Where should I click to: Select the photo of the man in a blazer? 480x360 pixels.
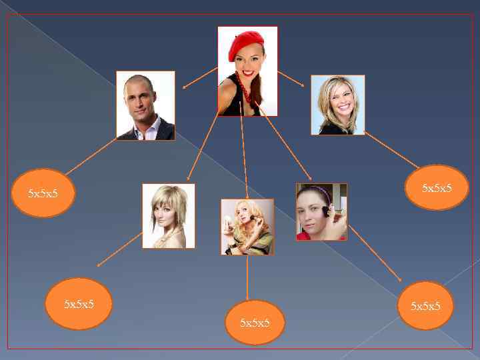(x=145, y=105)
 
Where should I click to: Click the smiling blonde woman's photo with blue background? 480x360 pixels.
(x=338, y=105)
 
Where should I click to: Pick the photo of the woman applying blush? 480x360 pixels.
(x=321, y=211)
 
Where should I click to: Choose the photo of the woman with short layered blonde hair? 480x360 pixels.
(x=169, y=215)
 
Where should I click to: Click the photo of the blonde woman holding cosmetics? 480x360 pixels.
(x=247, y=227)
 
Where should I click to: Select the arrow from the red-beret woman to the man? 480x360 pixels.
(x=200, y=77)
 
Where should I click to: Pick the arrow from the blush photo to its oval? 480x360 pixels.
(x=375, y=253)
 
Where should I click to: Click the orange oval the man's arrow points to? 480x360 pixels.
(x=44, y=193)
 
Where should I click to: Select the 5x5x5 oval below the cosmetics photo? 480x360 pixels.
(x=255, y=323)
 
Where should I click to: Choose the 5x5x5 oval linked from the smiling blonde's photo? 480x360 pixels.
(x=437, y=188)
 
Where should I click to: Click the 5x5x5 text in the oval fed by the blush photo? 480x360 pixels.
(x=425, y=306)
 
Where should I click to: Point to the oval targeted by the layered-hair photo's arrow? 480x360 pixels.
(x=79, y=303)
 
